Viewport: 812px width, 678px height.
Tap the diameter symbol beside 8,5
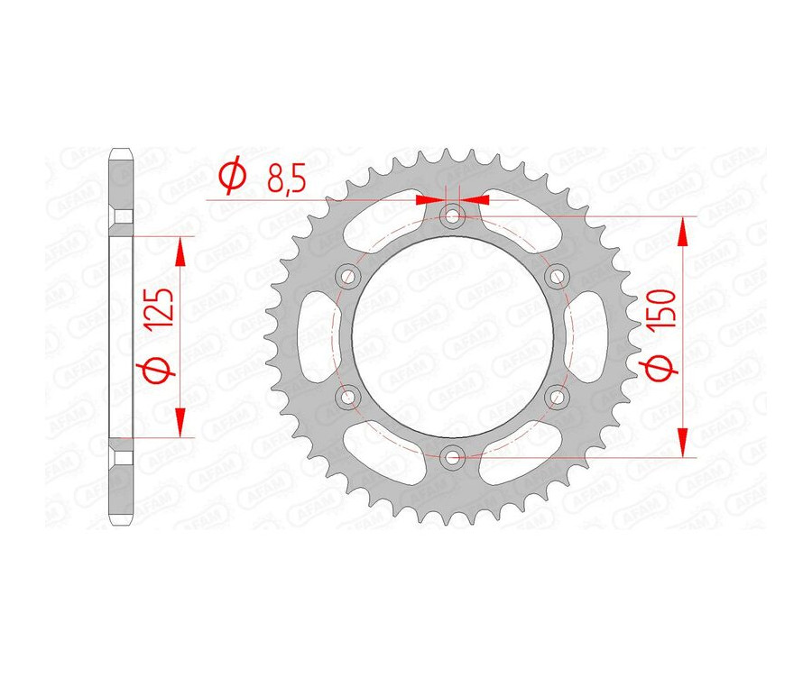(x=231, y=177)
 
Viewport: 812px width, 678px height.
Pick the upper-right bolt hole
(x=557, y=275)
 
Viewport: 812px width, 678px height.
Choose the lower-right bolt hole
(x=557, y=397)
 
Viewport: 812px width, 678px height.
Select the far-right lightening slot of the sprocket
(x=590, y=336)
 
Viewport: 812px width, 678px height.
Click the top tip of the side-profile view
(x=121, y=150)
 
